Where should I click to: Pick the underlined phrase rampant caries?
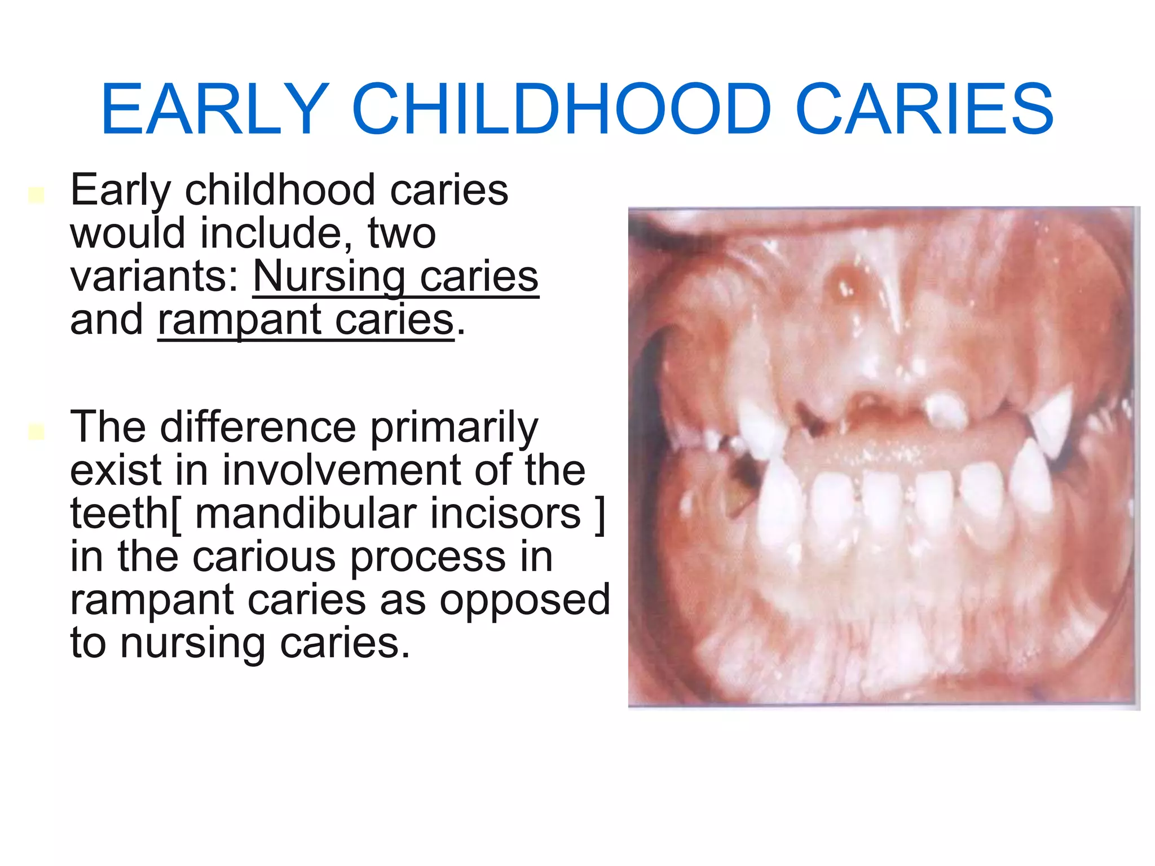306,320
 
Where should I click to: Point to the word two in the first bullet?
402,233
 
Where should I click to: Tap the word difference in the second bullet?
258,427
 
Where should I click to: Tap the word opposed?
524,601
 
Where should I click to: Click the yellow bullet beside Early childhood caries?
36,195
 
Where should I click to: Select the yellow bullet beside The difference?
36,432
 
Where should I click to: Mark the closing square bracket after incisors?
600,514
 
